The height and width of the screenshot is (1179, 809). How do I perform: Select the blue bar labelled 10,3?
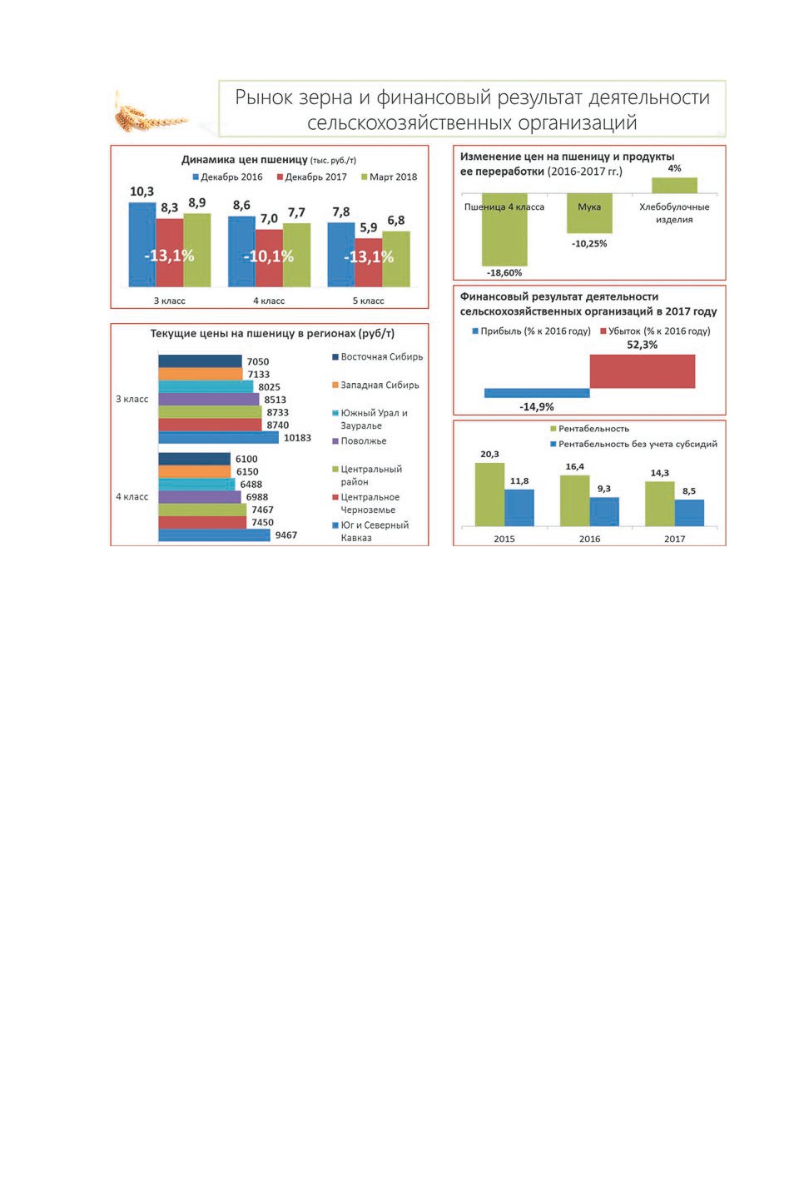coord(142,244)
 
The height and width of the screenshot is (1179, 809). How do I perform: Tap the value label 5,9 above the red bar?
coord(368,228)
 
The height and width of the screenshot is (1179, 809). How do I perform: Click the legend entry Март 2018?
coord(390,177)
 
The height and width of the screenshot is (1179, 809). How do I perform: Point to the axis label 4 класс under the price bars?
coord(269,301)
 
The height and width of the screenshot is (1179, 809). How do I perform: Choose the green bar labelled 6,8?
coord(396,259)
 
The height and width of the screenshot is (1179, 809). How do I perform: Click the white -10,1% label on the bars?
coord(269,256)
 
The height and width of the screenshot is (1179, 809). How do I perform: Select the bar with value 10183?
coord(218,437)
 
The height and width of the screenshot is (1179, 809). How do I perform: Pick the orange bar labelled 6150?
coord(194,471)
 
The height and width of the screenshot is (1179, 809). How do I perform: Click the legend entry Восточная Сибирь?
coord(378,357)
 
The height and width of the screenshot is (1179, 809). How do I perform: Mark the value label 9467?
coord(286,535)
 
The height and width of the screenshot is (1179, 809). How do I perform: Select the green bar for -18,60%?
coord(504,230)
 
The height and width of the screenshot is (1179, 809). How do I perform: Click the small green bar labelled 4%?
coord(674,186)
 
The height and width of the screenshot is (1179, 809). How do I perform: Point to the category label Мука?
coord(589,206)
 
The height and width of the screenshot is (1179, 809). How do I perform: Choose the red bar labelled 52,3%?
coord(643,371)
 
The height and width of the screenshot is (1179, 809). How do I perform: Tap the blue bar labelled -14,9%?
coord(537,393)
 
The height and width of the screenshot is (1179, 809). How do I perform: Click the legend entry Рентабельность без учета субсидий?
coord(633,445)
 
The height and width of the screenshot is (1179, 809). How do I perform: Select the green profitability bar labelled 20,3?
coord(489,495)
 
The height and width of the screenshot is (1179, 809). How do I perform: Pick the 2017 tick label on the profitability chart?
coord(674,539)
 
